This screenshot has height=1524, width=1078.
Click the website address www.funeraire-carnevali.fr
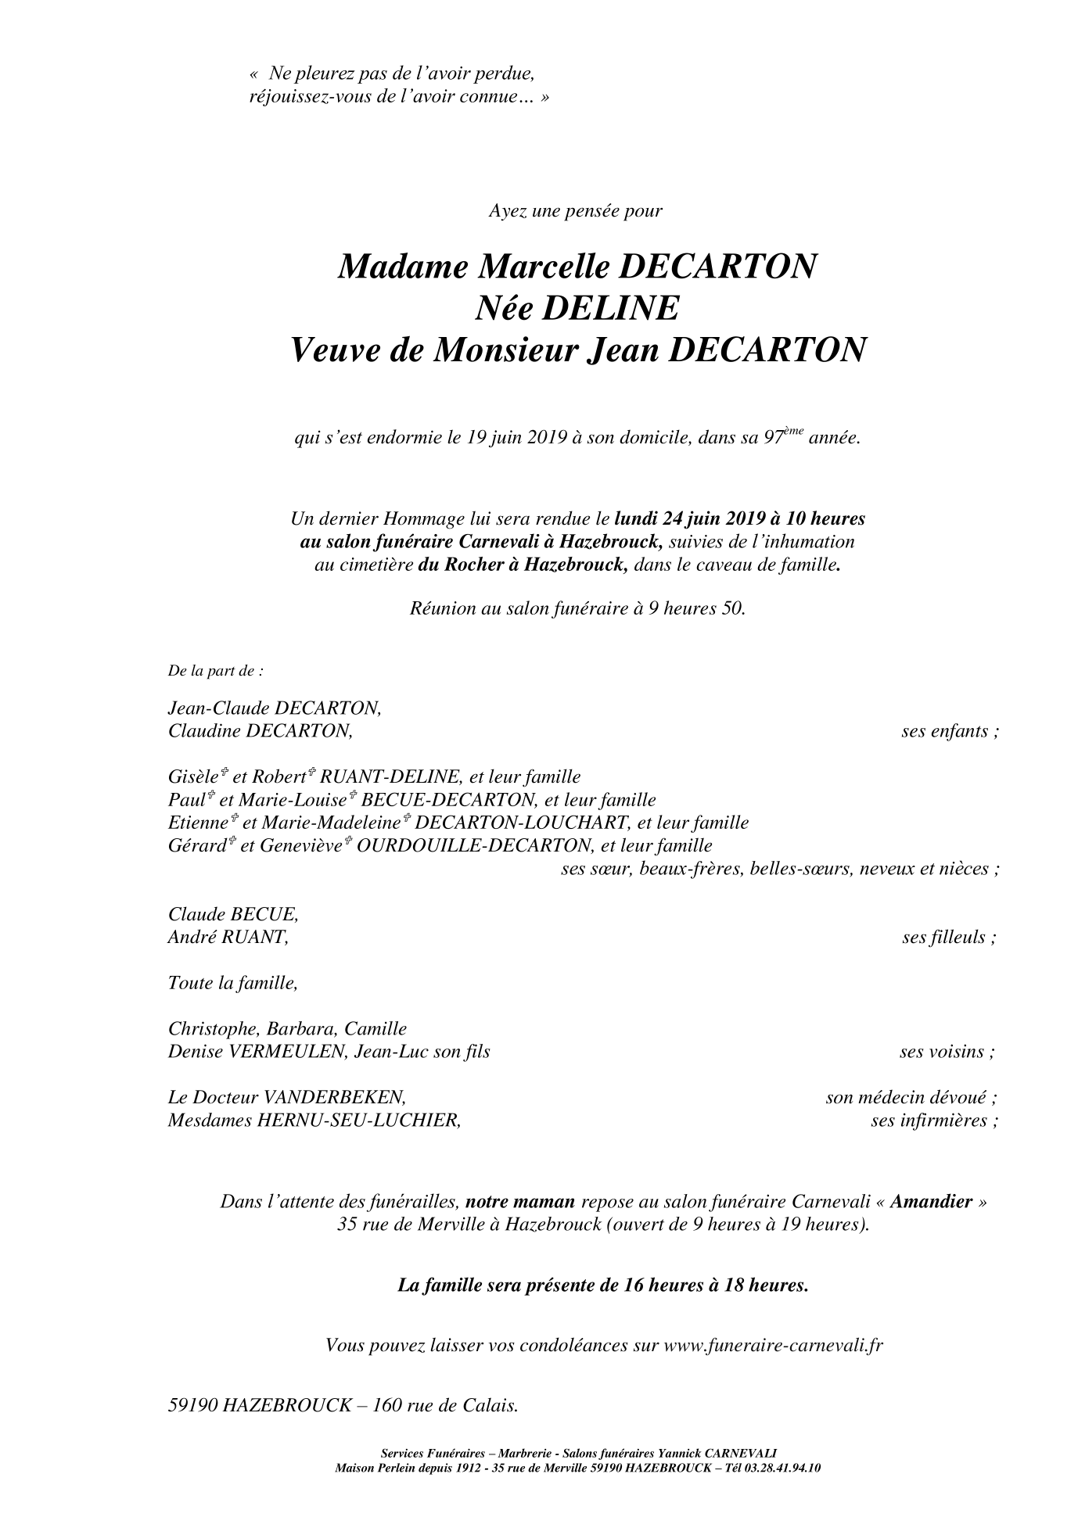tap(774, 1346)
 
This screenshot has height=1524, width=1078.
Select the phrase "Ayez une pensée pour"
tap(576, 210)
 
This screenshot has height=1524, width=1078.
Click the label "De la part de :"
tap(216, 671)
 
